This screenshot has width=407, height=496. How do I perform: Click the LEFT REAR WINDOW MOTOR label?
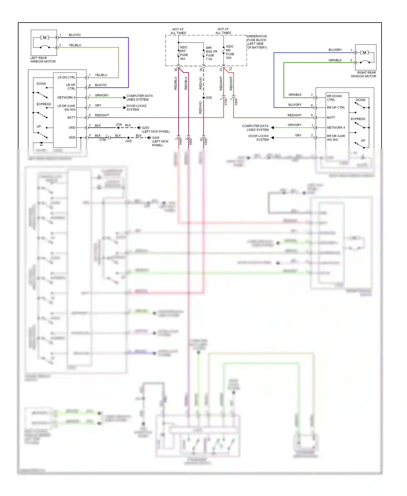pyautogui.click(x=43, y=60)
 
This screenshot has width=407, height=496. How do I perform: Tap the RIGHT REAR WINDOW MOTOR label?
pyautogui.click(x=363, y=74)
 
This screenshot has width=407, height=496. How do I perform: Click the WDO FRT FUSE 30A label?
pyautogui.click(x=183, y=53)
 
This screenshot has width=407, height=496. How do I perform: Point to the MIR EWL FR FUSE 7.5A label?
pyautogui.click(x=211, y=53)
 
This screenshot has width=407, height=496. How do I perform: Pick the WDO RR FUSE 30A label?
pyautogui.click(x=230, y=52)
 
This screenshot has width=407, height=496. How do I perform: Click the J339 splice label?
pyautogui.click(x=208, y=98)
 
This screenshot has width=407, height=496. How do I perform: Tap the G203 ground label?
pyautogui.click(x=145, y=128)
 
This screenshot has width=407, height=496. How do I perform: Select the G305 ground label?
pyautogui.click(x=155, y=138)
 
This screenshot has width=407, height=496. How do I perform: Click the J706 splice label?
pyautogui.click(x=119, y=125)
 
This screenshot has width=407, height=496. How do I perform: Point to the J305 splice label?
pyautogui.click(x=128, y=141)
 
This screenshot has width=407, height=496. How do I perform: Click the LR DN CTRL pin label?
pyautogui.click(x=66, y=77)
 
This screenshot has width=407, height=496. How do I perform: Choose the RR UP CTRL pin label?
pyautogui.click(x=336, y=107)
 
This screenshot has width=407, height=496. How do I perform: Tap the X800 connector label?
pyautogui.click(x=236, y=102)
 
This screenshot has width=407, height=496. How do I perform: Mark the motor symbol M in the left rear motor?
pyautogui.click(x=45, y=37)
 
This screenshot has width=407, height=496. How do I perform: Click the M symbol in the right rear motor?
pyautogui.click(x=364, y=53)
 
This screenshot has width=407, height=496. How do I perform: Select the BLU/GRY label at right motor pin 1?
pyautogui.click(x=335, y=50)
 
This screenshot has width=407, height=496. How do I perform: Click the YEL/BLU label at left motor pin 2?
pyautogui.click(x=75, y=45)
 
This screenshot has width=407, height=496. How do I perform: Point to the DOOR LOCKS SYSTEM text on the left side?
pyautogui.click(x=136, y=108)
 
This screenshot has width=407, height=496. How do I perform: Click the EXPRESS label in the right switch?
pyautogui.click(x=358, y=119)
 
